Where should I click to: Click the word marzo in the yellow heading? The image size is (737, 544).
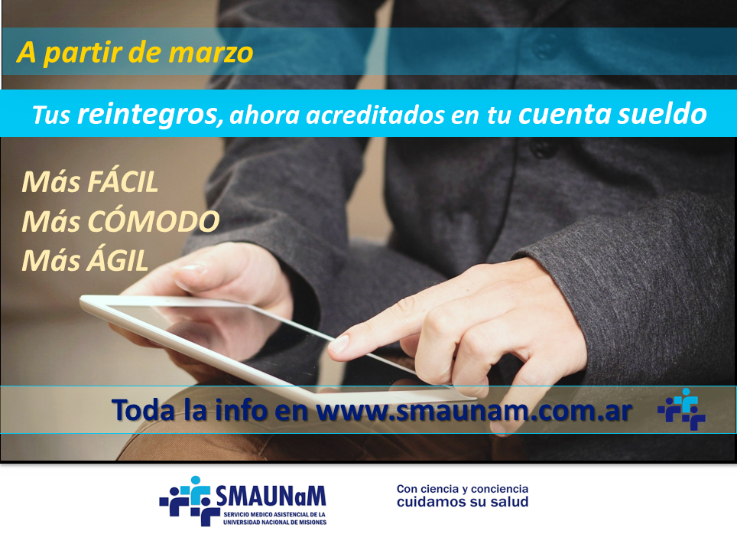pyautogui.click(x=210, y=54)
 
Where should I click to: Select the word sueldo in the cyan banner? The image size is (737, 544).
pyautogui.click(x=662, y=113)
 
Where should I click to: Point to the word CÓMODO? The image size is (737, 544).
pyautogui.click(x=153, y=220)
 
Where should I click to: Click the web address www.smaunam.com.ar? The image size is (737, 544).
pyautogui.click(x=474, y=411)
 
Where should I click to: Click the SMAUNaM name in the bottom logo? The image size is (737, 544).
pyautogui.click(x=271, y=496)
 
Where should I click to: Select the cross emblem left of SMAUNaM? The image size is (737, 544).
pyautogui.click(x=190, y=500)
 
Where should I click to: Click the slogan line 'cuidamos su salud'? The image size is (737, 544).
pyautogui.click(x=463, y=502)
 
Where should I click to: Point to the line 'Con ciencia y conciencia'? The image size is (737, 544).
pyautogui.click(x=463, y=489)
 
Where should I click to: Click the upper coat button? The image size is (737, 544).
pyautogui.click(x=544, y=48)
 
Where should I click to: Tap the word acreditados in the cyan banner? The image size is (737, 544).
pyautogui.click(x=375, y=116)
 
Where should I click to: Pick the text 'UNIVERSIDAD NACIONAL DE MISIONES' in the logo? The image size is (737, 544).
pyautogui.click(x=275, y=523)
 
